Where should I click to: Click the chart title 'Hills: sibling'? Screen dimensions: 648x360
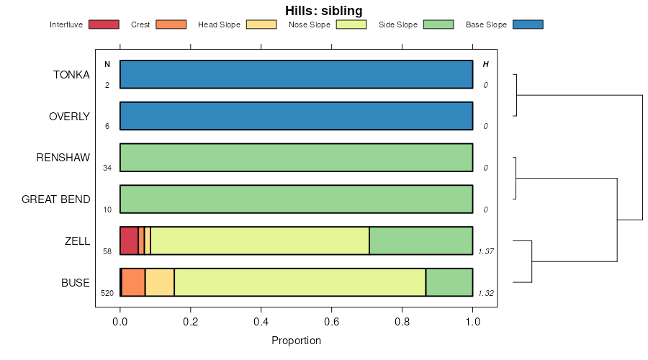(x=323, y=10)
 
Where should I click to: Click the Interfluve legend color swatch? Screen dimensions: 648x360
(x=104, y=24)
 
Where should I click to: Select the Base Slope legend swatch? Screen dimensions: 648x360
(x=528, y=24)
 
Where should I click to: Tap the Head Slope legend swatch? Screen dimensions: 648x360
(x=261, y=24)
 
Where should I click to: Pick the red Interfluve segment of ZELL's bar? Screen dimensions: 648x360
(x=129, y=240)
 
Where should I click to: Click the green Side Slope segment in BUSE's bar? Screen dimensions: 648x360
(x=449, y=282)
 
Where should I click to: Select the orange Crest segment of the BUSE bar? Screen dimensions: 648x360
(x=133, y=282)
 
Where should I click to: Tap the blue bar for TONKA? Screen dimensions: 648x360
(x=297, y=74)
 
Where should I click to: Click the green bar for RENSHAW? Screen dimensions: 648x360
(x=297, y=158)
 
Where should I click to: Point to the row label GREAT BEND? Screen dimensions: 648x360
(x=55, y=199)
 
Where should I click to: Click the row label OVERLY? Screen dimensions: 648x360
(x=69, y=117)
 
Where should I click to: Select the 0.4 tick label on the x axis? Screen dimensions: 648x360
(x=261, y=322)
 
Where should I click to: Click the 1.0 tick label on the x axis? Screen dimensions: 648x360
(x=473, y=322)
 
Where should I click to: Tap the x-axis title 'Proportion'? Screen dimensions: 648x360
(x=296, y=340)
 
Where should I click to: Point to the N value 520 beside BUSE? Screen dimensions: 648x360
(x=107, y=293)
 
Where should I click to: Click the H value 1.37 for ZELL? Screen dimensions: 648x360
(x=486, y=251)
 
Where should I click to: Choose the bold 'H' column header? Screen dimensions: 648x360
(x=485, y=64)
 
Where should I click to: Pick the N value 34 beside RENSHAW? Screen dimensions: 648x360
(x=107, y=168)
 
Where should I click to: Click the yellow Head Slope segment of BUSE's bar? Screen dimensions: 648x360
(x=160, y=282)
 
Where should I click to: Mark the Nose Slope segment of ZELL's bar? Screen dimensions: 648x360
(x=260, y=240)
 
